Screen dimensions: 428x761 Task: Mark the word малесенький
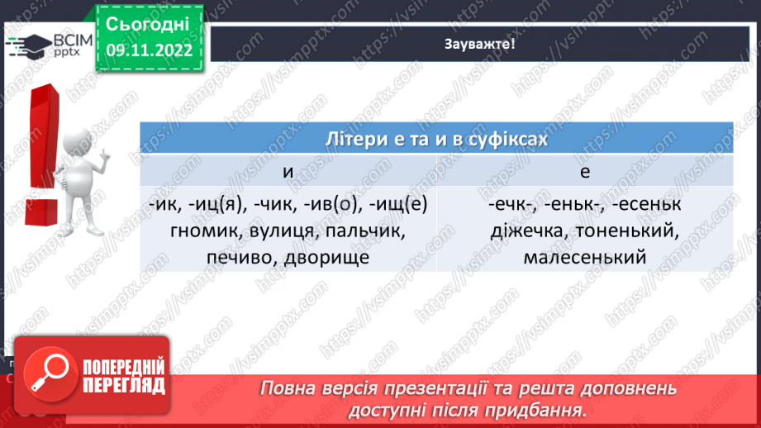(x=584, y=259)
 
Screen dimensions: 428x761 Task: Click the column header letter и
(x=288, y=171)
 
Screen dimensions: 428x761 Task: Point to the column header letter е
(x=584, y=171)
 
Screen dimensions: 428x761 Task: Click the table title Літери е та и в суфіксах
(x=436, y=138)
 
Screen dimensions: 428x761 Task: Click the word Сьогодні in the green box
(x=149, y=22)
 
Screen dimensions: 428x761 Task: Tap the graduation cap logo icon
(x=28, y=44)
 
